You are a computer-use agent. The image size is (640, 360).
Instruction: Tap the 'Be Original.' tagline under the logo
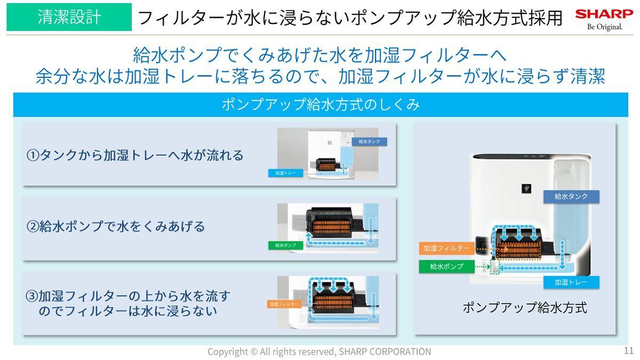604,27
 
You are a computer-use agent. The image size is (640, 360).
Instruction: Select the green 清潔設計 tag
69,17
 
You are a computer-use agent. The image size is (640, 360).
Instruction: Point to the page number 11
628,351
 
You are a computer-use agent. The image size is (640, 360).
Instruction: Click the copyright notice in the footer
319,351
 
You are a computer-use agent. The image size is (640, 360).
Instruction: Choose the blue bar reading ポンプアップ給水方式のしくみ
321,105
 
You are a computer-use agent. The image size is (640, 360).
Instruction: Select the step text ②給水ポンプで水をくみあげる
116,226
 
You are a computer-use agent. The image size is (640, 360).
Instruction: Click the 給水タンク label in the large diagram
571,196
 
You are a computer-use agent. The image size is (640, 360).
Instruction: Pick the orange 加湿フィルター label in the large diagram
446,249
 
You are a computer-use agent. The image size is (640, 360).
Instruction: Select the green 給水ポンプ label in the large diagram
446,266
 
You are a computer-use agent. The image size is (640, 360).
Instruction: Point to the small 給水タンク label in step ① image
369,142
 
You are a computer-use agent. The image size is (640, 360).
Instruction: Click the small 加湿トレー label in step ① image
285,173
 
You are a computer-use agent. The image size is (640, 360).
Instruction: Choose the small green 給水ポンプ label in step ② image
285,245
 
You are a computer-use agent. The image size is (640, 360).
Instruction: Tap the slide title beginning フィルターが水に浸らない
350,18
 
